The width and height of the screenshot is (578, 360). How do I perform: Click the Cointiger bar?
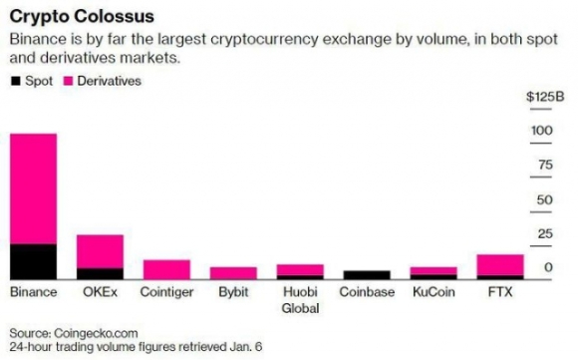[166, 269]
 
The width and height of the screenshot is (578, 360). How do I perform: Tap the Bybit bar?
[233, 272]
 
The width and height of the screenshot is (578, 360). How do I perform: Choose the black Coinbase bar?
[367, 274]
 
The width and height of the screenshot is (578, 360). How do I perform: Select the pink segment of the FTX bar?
[500, 264]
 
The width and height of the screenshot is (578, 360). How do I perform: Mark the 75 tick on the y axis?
[544, 166]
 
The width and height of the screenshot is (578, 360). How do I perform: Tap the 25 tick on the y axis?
[544, 234]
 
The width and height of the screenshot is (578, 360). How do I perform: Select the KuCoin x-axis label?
[433, 293]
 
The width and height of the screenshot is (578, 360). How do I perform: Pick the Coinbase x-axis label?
[367, 293]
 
